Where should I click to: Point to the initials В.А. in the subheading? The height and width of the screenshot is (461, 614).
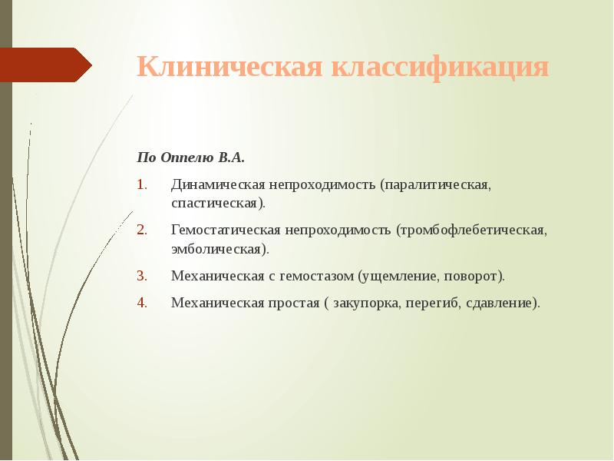[231, 158]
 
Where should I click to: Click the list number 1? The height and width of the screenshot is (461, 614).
[141, 185]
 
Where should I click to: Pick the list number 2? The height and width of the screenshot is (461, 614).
[141, 230]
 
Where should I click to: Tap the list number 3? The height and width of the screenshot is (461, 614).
[141, 275]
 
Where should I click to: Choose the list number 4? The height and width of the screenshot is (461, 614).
[141, 302]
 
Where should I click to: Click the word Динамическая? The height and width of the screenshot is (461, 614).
[218, 185]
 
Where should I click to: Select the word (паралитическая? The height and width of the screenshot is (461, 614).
[439, 185]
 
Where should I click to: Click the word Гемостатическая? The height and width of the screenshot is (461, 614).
[226, 230]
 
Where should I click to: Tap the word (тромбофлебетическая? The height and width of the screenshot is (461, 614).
[471, 230]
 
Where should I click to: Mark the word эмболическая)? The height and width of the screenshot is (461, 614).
[220, 249]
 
